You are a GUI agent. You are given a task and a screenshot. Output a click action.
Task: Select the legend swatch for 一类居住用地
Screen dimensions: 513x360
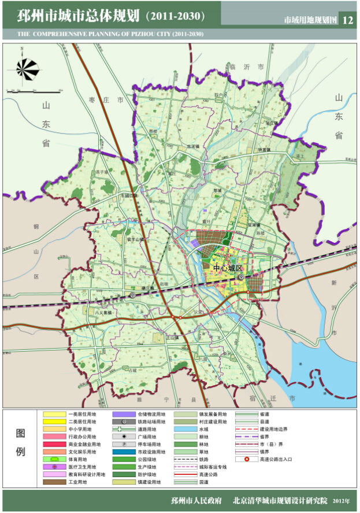(x=55, y=414)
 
